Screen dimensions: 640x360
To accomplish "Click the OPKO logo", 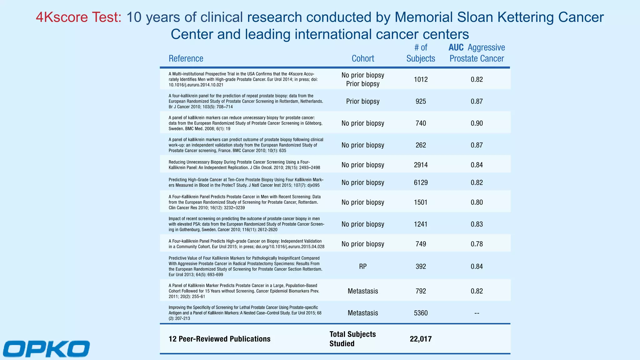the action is pyautogui.click(x=47, y=349).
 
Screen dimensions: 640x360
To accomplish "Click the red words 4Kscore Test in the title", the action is pyautogui.click(x=78, y=17).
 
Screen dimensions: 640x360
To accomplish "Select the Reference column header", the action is pyautogui.click(x=186, y=58).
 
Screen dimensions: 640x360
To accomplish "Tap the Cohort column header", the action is pyautogui.click(x=363, y=58).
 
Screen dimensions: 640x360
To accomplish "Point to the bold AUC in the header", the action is pyautogui.click(x=456, y=47).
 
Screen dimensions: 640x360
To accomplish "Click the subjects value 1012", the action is pyautogui.click(x=421, y=79).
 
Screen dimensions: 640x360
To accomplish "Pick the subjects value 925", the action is pyautogui.click(x=421, y=101).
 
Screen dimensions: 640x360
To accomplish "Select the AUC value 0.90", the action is pyautogui.click(x=477, y=123).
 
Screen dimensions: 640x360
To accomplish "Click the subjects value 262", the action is pyautogui.click(x=421, y=145).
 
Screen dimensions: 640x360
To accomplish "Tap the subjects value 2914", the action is pyautogui.click(x=421, y=165).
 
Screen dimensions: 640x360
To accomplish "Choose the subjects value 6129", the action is pyautogui.click(x=421, y=182).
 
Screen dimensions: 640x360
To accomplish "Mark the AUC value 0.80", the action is pyautogui.click(x=477, y=202).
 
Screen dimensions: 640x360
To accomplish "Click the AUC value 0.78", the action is pyautogui.click(x=477, y=244).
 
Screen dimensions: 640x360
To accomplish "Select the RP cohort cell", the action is pyautogui.click(x=363, y=267).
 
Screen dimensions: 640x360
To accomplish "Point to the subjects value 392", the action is pyautogui.click(x=421, y=267).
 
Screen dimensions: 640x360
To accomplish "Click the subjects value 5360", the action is pyautogui.click(x=421, y=313).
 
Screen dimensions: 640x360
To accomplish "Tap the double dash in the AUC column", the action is pyautogui.click(x=477, y=313).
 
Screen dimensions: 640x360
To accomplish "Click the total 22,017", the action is pyautogui.click(x=421, y=339).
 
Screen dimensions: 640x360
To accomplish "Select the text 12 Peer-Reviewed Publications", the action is pyautogui.click(x=219, y=339).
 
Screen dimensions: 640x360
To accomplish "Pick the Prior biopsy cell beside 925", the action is pyautogui.click(x=363, y=101).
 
